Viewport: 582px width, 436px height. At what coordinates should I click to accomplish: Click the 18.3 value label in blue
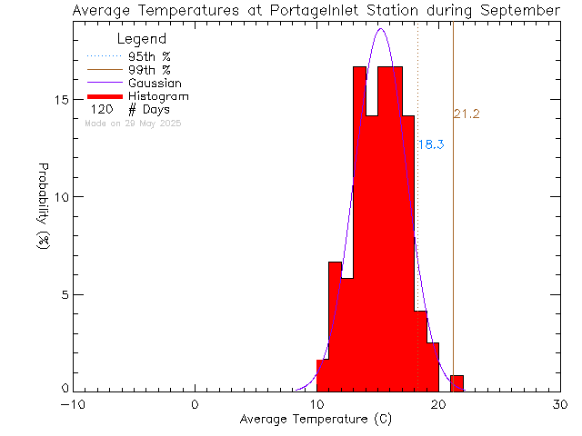tap(431, 144)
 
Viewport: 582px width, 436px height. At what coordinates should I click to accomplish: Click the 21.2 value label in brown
tap(467, 114)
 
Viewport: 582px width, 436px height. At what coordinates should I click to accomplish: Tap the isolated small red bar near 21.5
tap(457, 382)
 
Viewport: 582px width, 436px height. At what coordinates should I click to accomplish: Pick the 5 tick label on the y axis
tap(64, 294)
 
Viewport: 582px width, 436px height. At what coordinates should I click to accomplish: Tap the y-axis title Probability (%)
tap(43, 208)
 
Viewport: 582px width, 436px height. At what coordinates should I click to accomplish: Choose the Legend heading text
tap(142, 39)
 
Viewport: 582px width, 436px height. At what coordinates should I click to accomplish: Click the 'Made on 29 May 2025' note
tap(133, 123)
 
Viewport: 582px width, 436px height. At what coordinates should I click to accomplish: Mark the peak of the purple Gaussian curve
tap(380, 29)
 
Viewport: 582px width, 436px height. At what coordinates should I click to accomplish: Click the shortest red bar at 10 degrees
tap(322, 375)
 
